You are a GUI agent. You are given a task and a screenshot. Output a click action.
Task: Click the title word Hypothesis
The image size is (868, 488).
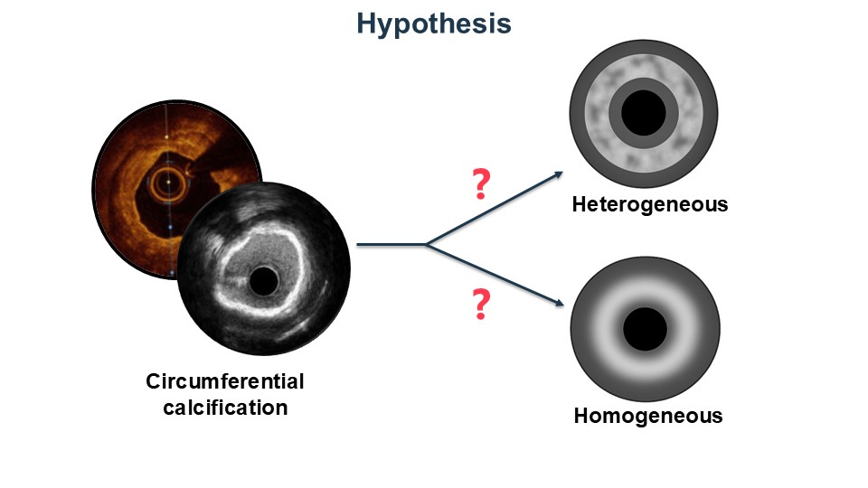(433, 23)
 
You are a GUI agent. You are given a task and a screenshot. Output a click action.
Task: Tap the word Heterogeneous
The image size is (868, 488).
(649, 204)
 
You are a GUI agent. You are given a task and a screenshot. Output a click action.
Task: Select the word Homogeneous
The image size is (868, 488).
(648, 417)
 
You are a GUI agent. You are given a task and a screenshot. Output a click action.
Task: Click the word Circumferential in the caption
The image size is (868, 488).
(225, 381)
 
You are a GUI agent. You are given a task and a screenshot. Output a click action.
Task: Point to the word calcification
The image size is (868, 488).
(225, 407)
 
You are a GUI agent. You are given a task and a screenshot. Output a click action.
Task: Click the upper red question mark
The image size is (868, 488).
(481, 183)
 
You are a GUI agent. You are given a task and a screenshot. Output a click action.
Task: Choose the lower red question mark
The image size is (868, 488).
(481, 305)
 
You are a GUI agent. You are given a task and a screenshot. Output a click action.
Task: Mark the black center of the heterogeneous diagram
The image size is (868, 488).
(644, 112)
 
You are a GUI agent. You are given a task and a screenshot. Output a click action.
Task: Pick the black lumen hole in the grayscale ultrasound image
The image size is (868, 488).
(263, 281)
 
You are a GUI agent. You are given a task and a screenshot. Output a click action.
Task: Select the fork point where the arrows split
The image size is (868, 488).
(426, 244)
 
